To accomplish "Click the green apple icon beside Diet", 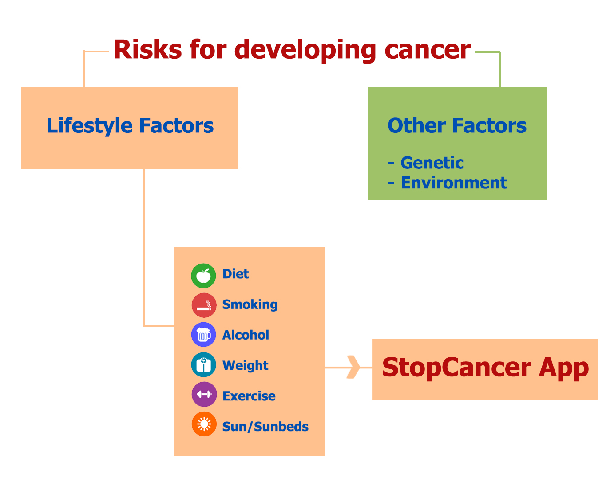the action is pyautogui.click(x=203, y=276).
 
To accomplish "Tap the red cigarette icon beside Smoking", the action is pyautogui.click(x=204, y=305).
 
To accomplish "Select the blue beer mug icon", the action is pyautogui.click(x=203, y=334).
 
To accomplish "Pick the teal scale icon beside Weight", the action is pyautogui.click(x=203, y=364).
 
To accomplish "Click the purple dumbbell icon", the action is pyautogui.click(x=204, y=394).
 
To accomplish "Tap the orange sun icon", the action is pyautogui.click(x=204, y=424).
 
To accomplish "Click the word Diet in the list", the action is pyautogui.click(x=235, y=273).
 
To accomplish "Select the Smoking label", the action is pyautogui.click(x=250, y=304).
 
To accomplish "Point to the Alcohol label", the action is pyautogui.click(x=246, y=335).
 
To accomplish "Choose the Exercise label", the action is pyautogui.click(x=249, y=396).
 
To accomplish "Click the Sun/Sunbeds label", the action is pyautogui.click(x=265, y=427).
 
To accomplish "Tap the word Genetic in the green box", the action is pyautogui.click(x=432, y=163).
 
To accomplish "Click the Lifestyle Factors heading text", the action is pyautogui.click(x=130, y=126).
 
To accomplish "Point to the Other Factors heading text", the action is pyautogui.click(x=457, y=125).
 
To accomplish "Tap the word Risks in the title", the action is pyautogui.click(x=147, y=49).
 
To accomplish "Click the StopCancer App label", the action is pyautogui.click(x=485, y=368).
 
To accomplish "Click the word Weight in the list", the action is pyautogui.click(x=245, y=365).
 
